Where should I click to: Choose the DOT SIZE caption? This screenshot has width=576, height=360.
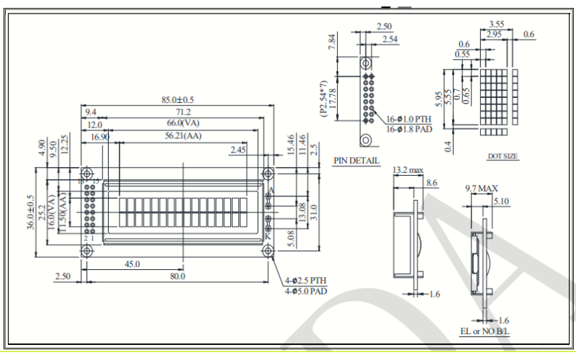(x=503, y=156)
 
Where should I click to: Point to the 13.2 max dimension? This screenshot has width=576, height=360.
(x=408, y=171)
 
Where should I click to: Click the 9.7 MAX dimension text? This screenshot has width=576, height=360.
(x=482, y=189)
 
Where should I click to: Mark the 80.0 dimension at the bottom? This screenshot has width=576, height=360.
(x=177, y=276)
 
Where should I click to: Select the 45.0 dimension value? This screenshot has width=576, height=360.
(x=132, y=264)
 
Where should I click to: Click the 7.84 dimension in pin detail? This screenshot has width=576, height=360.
(x=333, y=42)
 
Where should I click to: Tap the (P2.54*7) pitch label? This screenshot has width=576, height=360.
(x=323, y=99)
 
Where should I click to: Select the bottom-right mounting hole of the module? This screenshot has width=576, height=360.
(x=268, y=250)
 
